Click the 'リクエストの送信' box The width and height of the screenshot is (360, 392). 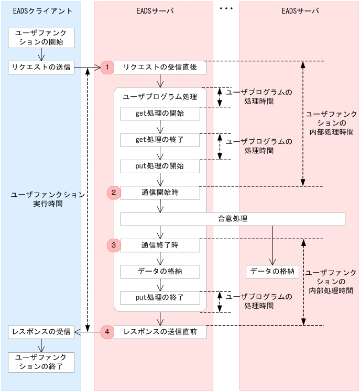coord(41,67)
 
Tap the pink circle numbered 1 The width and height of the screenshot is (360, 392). coord(107,67)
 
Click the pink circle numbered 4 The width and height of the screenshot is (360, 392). coord(107,331)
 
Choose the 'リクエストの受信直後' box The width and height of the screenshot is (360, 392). coord(160,67)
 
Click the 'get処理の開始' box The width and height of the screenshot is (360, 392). coord(160,114)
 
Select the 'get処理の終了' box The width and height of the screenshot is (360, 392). coord(160,140)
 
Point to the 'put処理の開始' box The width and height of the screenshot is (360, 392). coord(160,166)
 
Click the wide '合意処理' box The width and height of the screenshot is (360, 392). coord(233,219)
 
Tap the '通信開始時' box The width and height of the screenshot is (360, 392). coord(160,193)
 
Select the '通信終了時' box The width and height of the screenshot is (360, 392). coord(160,245)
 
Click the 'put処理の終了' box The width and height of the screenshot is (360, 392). coord(160,298)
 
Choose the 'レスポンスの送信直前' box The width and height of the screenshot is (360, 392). coord(160,331)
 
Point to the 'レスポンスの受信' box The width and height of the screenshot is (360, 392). coord(41,331)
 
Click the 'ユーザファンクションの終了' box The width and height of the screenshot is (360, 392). coord(41,362)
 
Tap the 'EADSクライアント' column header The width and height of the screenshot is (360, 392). coord(41,11)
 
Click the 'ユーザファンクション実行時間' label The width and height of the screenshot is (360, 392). coord(48,199)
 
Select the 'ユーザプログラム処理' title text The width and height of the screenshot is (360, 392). coord(160,97)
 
